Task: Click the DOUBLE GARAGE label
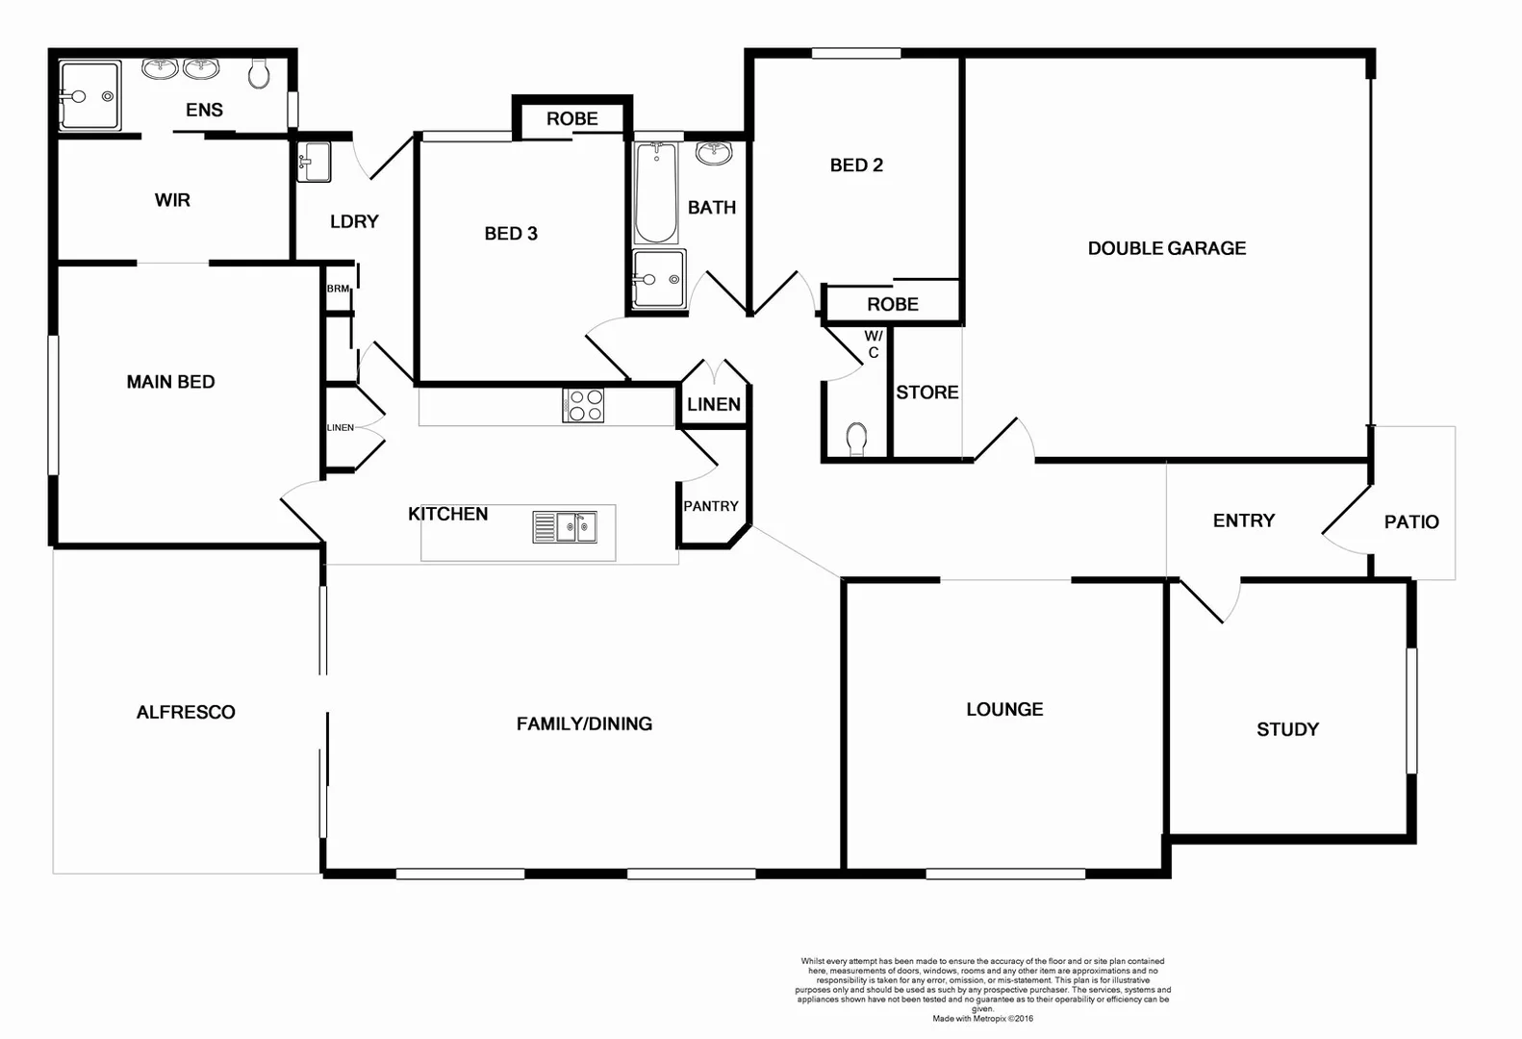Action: click(x=1166, y=248)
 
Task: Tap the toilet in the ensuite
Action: click(x=259, y=73)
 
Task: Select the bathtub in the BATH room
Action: click(x=656, y=192)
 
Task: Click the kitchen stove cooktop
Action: click(x=583, y=405)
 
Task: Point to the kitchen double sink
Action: click(x=565, y=527)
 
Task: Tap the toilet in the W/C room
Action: click(x=856, y=440)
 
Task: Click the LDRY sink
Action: click(x=314, y=162)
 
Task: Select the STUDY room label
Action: click(x=1287, y=729)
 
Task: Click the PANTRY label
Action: click(x=711, y=506)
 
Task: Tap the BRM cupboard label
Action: click(x=338, y=289)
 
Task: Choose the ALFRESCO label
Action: click(x=186, y=712)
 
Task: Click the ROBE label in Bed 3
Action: click(x=572, y=119)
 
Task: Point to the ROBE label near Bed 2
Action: click(x=892, y=304)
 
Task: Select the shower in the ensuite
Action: click(x=89, y=95)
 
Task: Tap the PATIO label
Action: click(x=1411, y=521)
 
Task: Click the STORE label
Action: click(x=927, y=393)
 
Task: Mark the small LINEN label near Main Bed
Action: click(x=341, y=427)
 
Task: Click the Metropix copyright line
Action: click(x=982, y=1018)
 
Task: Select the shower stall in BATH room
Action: click(x=659, y=279)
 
